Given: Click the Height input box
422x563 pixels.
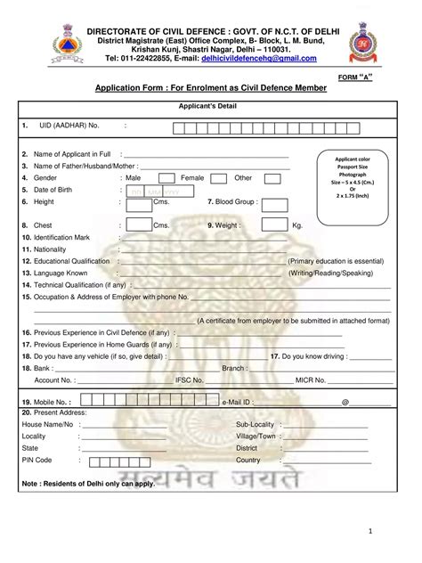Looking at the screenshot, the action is [137, 202].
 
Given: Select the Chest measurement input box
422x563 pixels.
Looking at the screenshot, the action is [137, 226].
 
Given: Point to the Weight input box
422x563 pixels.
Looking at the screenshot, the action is [262, 226].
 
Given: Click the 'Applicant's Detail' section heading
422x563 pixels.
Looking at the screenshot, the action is [210, 106].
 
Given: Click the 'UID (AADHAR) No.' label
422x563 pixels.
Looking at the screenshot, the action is [68, 126].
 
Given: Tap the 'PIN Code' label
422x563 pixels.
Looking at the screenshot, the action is [37, 461].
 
